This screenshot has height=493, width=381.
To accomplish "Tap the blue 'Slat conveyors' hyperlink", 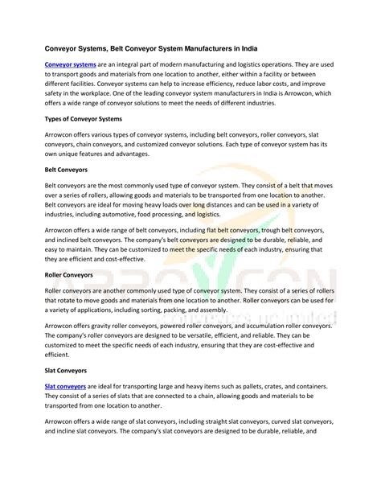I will click(x=65, y=387).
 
